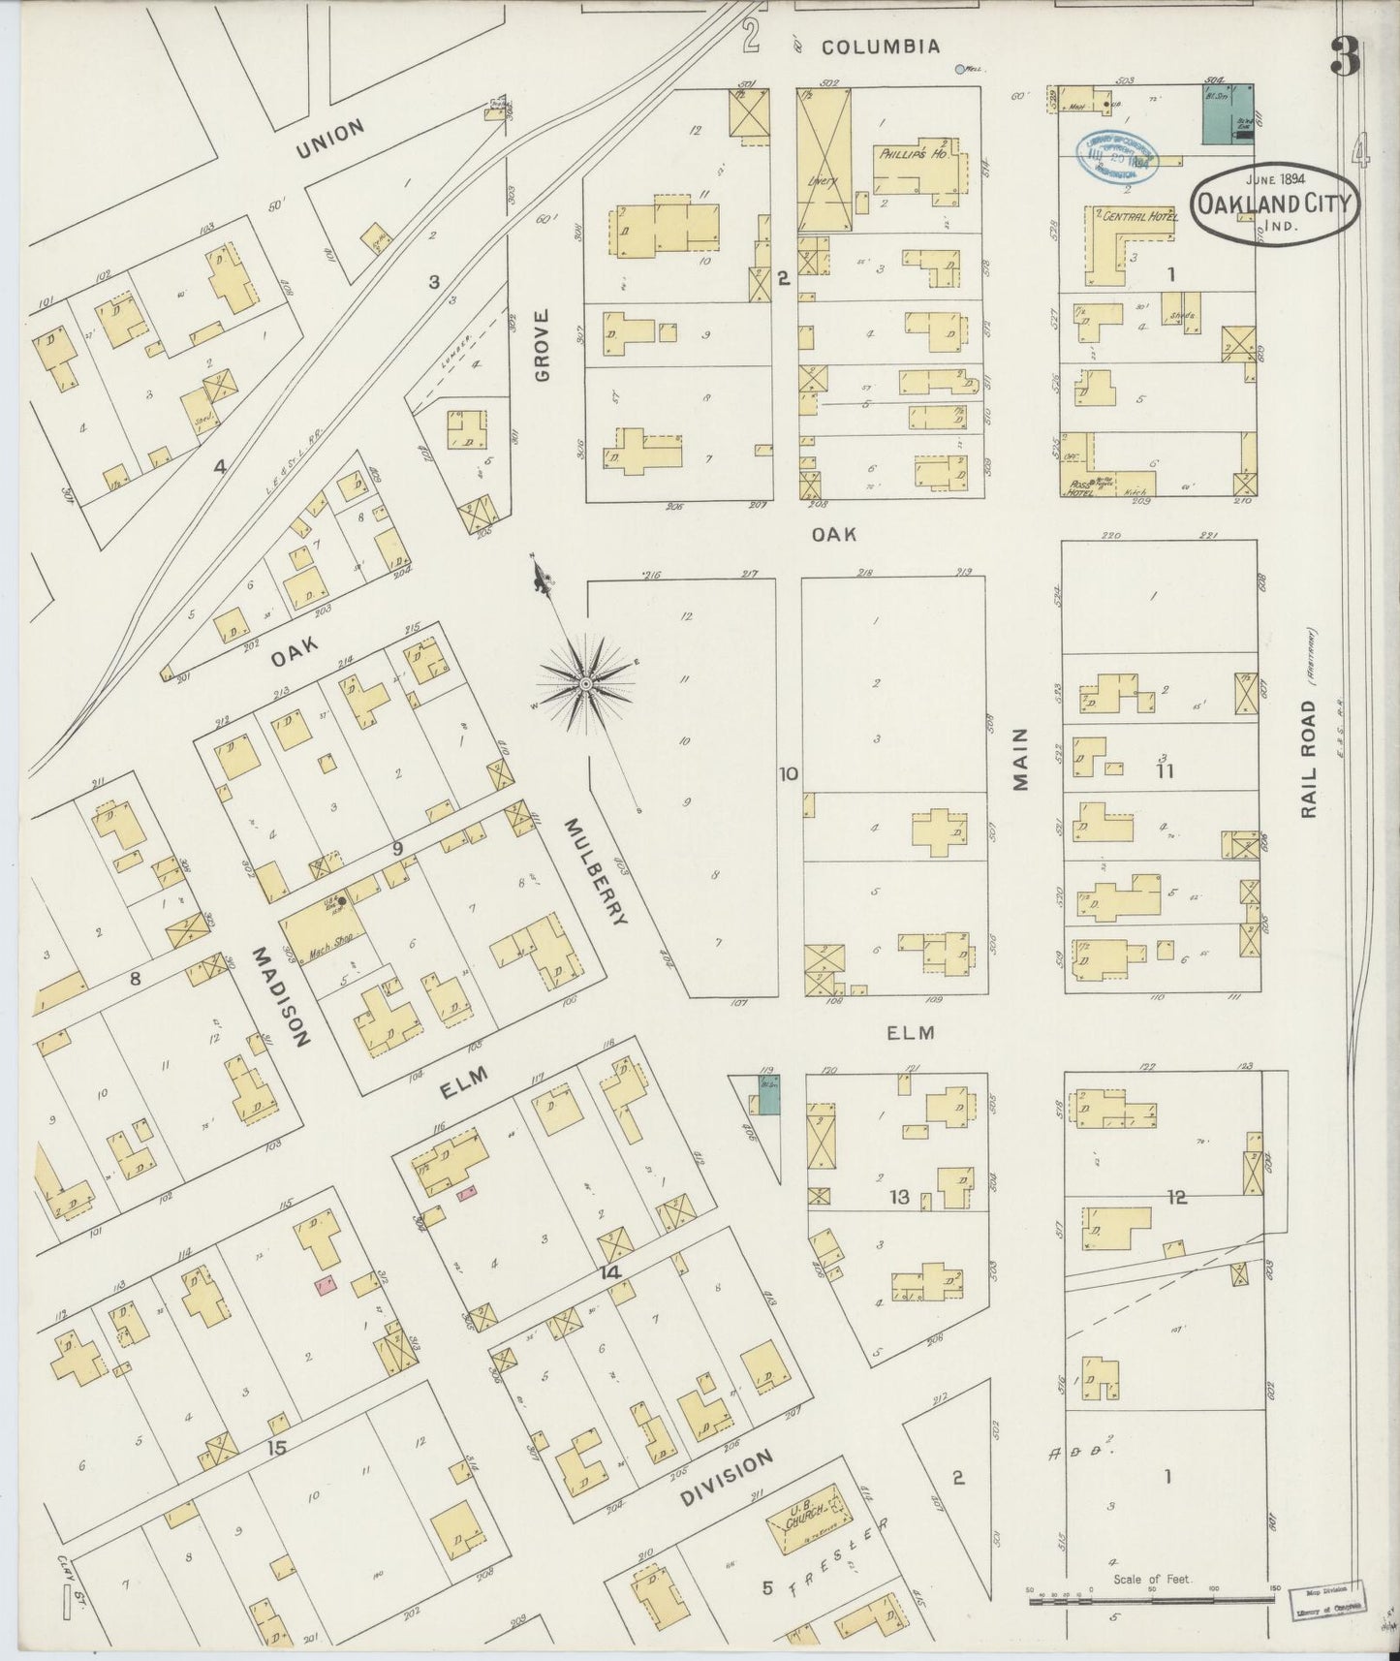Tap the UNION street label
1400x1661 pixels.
point(330,139)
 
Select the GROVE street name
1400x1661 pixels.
point(542,344)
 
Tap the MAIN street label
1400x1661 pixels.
point(1021,760)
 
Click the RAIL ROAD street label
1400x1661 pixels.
point(1309,760)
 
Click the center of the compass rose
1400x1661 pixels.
point(585,684)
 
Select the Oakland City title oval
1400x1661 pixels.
point(1275,204)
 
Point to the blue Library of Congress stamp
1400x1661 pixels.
point(1118,154)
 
